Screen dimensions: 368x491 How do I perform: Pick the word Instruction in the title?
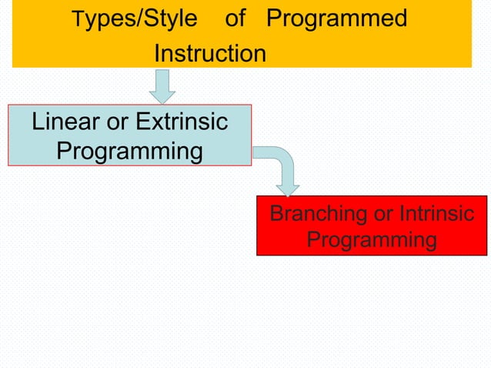pos(209,54)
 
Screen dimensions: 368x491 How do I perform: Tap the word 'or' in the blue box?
pos(118,122)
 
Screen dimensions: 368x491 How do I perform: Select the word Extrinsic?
pos(182,122)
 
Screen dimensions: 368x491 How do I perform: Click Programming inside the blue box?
pos(129,150)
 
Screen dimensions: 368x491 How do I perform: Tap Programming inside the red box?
pos(372,240)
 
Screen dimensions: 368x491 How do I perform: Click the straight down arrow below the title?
pos(162,86)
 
